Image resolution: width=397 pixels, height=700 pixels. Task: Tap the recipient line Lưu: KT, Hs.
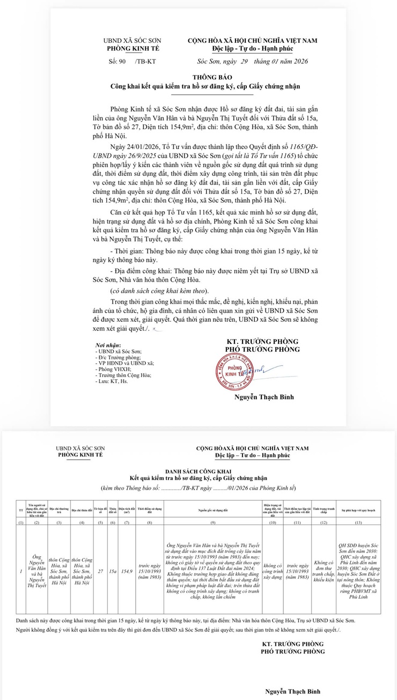click(x=114, y=381)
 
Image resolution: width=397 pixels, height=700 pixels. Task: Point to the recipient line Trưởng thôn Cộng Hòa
click(x=123, y=375)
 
